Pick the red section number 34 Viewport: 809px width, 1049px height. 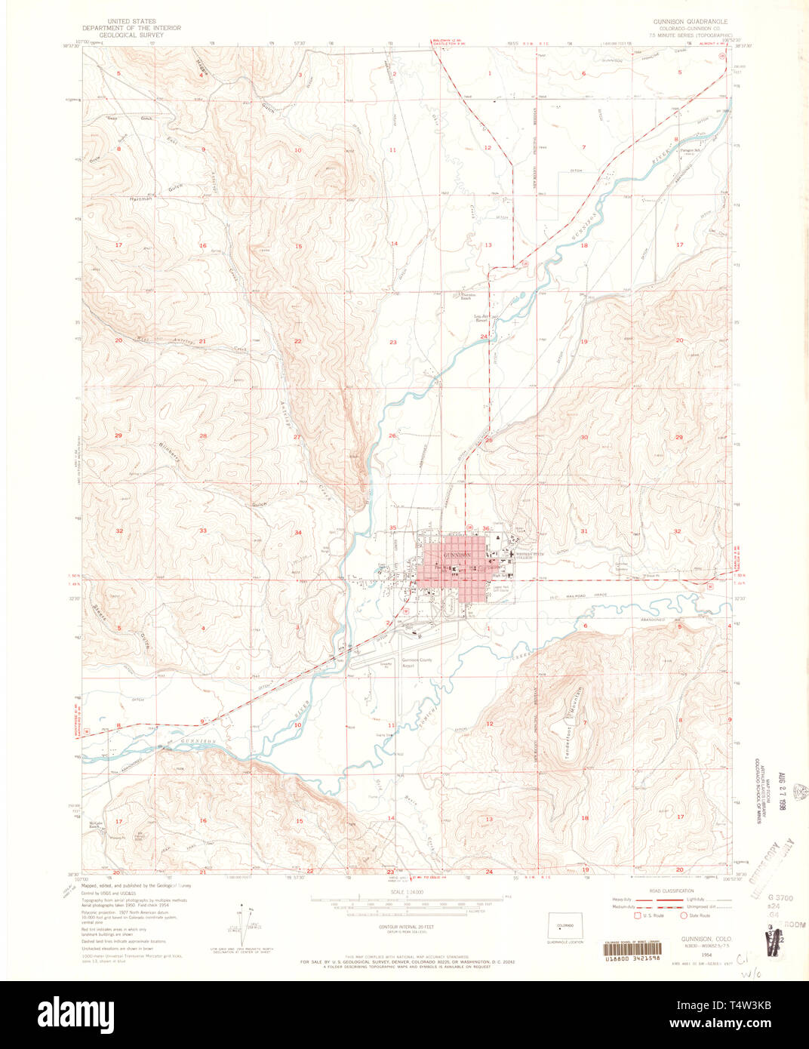click(298, 533)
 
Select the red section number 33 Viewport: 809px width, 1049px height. click(203, 531)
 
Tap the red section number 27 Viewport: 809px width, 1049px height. click(297, 437)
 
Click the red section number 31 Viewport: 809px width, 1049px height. click(583, 531)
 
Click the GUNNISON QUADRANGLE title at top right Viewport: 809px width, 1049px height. click(691, 22)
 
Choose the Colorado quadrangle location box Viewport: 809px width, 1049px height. click(559, 927)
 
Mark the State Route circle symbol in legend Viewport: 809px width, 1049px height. click(684, 915)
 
